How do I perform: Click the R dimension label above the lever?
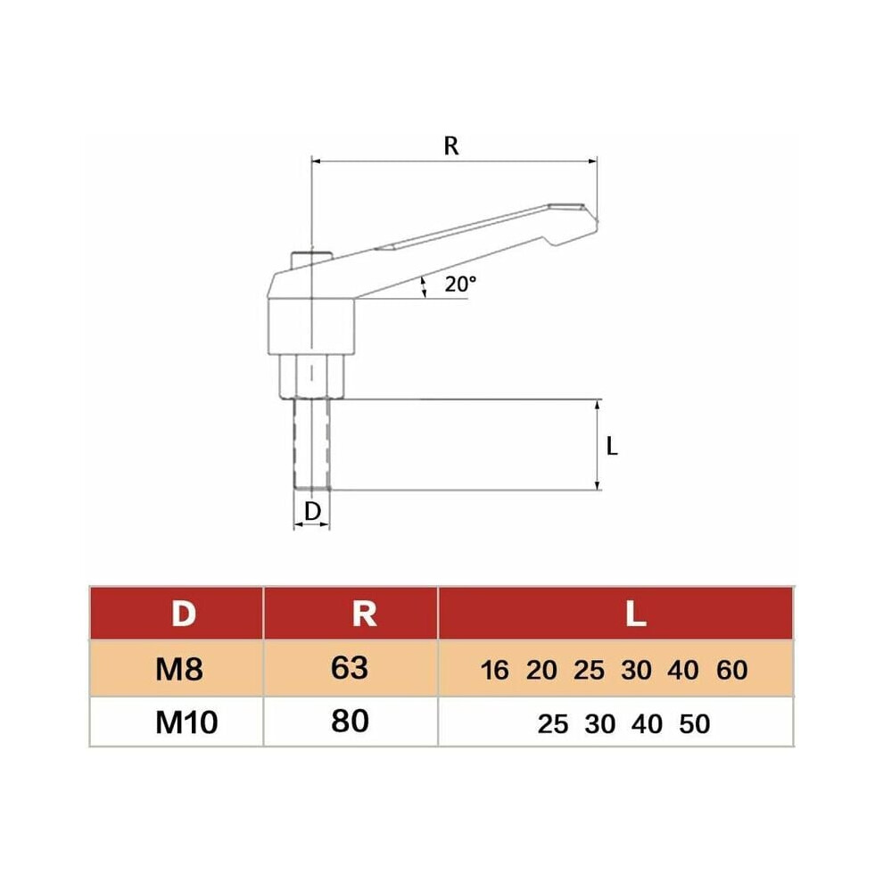click(x=451, y=146)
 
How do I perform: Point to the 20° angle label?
click(x=460, y=285)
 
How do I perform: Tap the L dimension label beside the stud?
click(x=612, y=447)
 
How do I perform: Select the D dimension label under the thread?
click(x=312, y=511)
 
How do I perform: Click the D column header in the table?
click(x=184, y=614)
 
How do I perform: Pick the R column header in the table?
click(x=364, y=614)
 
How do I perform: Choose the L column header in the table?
click(x=636, y=614)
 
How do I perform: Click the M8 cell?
click(x=179, y=670)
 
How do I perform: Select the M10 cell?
click(x=186, y=723)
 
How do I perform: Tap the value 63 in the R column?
click(x=350, y=668)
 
